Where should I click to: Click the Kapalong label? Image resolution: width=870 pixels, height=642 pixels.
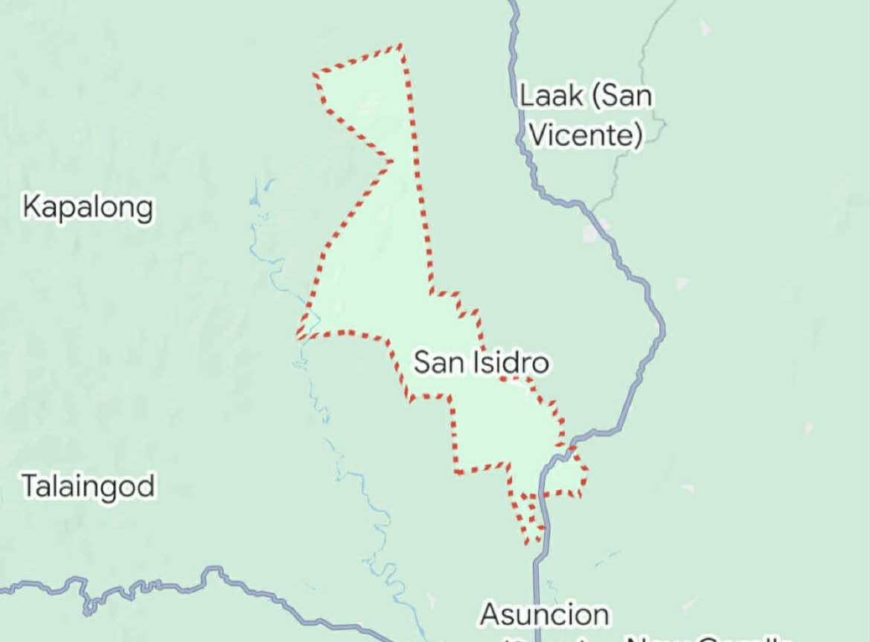[x=88, y=208]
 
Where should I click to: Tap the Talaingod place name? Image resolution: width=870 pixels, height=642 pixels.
[x=88, y=487]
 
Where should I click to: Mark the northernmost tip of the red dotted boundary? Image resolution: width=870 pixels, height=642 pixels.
[x=401, y=45]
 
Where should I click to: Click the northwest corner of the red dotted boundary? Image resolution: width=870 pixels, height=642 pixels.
[x=315, y=74]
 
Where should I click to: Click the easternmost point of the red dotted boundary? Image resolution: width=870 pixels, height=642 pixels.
[x=587, y=469]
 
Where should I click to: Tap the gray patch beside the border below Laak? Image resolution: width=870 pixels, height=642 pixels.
[x=592, y=233]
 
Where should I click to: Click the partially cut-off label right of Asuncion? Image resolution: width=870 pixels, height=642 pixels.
[x=707, y=638]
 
